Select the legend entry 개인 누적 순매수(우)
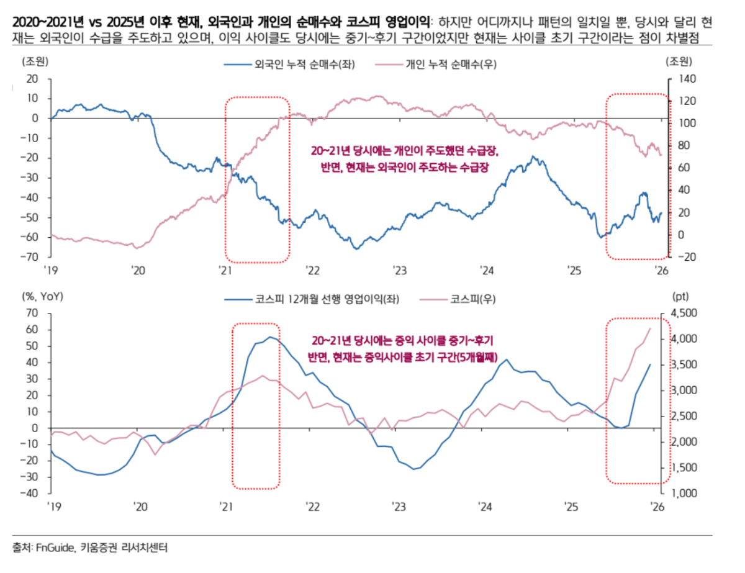click(x=445, y=64)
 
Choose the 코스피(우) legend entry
click(x=466, y=299)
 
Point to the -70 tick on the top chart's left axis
click(x=30, y=256)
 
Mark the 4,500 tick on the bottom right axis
click(x=685, y=313)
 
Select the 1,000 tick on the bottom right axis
click(x=685, y=494)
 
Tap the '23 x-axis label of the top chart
click(x=398, y=271)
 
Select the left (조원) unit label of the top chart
click(x=35, y=61)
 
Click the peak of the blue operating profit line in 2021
click(x=270, y=337)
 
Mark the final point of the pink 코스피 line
click(x=650, y=328)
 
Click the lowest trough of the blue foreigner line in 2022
click(x=356, y=249)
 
